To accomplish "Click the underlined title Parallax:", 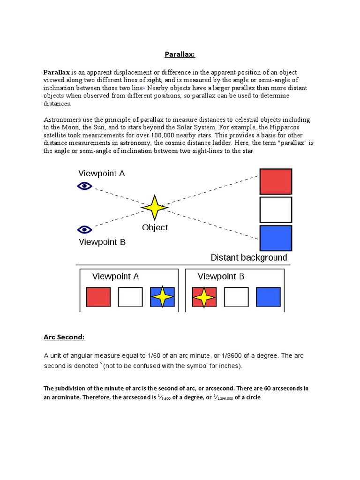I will pyautogui.click(x=180, y=54).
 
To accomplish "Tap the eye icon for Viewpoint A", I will pyautogui.click(x=84, y=186).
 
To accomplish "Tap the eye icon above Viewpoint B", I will pyautogui.click(x=84, y=229).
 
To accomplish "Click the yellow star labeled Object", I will pyautogui.click(x=154, y=207).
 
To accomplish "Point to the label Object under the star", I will pyautogui.click(x=155, y=227).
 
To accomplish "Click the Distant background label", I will pyautogui.click(x=249, y=257).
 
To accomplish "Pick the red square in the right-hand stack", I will pyautogui.click(x=276, y=181).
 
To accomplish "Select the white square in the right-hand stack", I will pyautogui.click(x=276, y=210).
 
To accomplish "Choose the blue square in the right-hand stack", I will pyautogui.click(x=276, y=238).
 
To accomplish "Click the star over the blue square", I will pyautogui.click(x=162, y=297).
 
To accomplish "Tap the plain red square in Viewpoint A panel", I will pyautogui.click(x=98, y=297).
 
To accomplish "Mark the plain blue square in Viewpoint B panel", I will pyautogui.click(x=268, y=297).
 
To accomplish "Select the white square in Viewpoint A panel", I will pyautogui.click(x=130, y=297).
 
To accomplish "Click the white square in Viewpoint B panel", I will pyautogui.click(x=236, y=297).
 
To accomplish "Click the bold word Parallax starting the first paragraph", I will pyautogui.click(x=57, y=73).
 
